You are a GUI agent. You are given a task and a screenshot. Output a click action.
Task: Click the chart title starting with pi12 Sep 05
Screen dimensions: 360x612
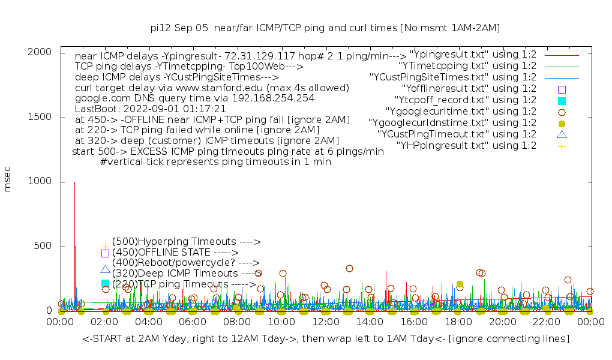click(x=325, y=28)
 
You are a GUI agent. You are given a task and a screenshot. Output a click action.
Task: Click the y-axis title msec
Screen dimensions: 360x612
click(x=8, y=181)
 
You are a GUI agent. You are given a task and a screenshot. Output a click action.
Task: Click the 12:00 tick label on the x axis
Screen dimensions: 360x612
click(x=325, y=322)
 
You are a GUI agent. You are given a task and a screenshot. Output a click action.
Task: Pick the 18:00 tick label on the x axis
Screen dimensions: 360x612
click(x=458, y=322)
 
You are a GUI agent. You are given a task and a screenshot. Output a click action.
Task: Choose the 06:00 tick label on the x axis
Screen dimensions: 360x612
click(x=193, y=322)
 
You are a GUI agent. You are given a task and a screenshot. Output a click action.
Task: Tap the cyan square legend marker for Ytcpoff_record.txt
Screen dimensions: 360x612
click(x=562, y=100)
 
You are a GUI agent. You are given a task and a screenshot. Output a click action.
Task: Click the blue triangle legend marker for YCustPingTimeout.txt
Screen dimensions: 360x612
click(x=562, y=134)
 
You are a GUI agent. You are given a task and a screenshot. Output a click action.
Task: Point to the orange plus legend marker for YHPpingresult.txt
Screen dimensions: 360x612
click(x=562, y=146)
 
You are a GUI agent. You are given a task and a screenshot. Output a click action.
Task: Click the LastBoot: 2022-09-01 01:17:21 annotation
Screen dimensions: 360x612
click(x=150, y=109)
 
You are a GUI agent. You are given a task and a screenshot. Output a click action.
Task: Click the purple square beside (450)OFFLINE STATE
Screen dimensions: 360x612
click(x=105, y=253)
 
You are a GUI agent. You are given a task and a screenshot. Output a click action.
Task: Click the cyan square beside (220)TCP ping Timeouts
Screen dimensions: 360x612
click(x=105, y=283)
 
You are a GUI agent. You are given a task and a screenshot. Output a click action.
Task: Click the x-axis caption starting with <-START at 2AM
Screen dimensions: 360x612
click(x=325, y=339)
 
